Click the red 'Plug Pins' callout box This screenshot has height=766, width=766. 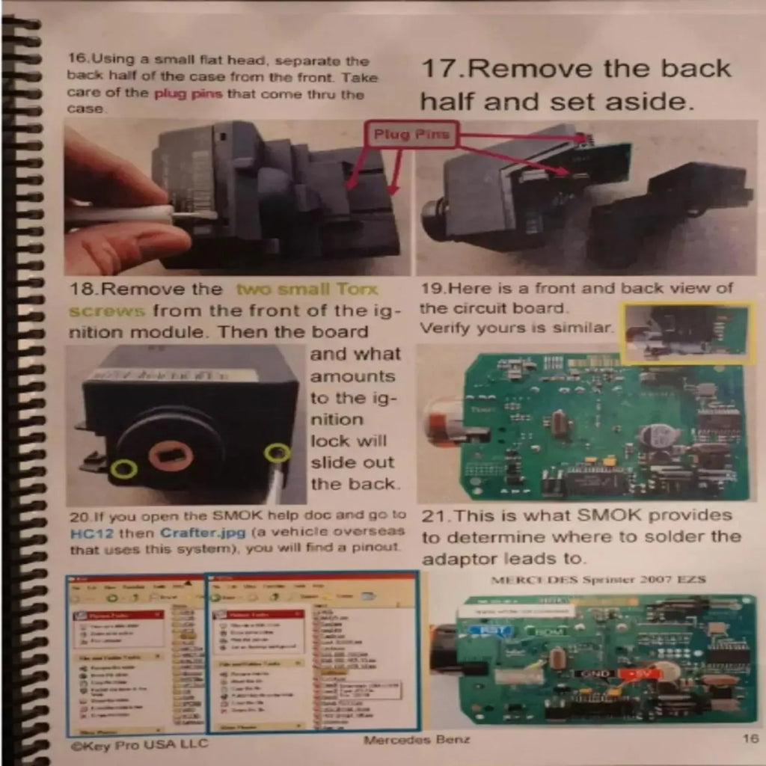(412, 135)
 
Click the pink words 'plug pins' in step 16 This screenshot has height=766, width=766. (188, 94)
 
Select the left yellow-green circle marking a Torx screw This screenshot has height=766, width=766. (124, 469)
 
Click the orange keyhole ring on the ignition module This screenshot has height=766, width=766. (171, 456)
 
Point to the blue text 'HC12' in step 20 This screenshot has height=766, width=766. (85, 533)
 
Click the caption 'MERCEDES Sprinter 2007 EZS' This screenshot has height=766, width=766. (598, 580)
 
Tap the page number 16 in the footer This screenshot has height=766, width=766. (750, 740)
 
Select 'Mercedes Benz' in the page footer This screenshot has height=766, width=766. (417, 741)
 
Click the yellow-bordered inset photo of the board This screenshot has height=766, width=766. (687, 333)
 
